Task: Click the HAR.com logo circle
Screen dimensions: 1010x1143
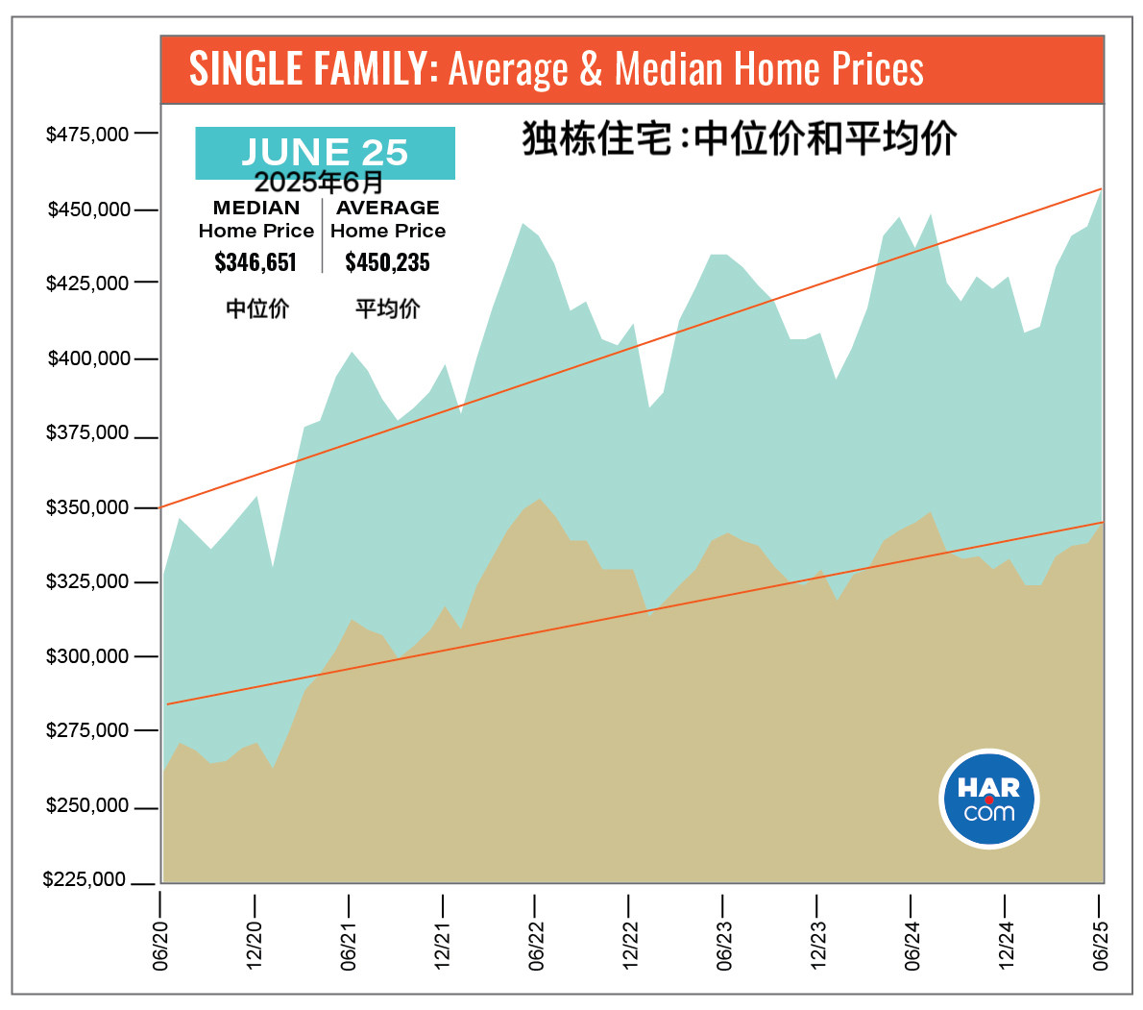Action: coord(988,800)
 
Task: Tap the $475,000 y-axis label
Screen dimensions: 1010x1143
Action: coord(87,134)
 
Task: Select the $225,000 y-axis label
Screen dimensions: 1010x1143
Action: coord(85,880)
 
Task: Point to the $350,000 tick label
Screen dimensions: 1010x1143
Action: coord(87,507)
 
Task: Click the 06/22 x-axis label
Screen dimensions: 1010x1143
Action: coord(536,945)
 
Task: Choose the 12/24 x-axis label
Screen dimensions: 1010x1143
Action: coord(1006,945)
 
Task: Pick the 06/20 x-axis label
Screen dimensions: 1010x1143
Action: coord(160,945)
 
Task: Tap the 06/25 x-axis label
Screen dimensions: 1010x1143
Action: coord(1100,945)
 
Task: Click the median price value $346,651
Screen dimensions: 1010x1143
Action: coord(255,262)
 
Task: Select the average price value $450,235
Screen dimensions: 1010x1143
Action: coord(387,262)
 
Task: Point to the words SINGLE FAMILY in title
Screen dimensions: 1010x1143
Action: coord(307,69)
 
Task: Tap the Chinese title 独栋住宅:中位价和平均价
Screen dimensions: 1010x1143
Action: coord(739,138)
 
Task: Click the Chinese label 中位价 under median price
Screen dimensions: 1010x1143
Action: coord(256,308)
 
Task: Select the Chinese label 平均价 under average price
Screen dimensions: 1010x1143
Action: coord(387,308)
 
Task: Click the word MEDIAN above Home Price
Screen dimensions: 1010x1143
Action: coord(255,208)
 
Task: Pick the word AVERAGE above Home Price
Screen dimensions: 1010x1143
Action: coord(387,208)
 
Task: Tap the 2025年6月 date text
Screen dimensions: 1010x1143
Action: coord(318,183)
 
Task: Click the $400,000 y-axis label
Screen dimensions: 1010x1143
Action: coord(87,358)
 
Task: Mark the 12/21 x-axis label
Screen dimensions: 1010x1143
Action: coord(442,945)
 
